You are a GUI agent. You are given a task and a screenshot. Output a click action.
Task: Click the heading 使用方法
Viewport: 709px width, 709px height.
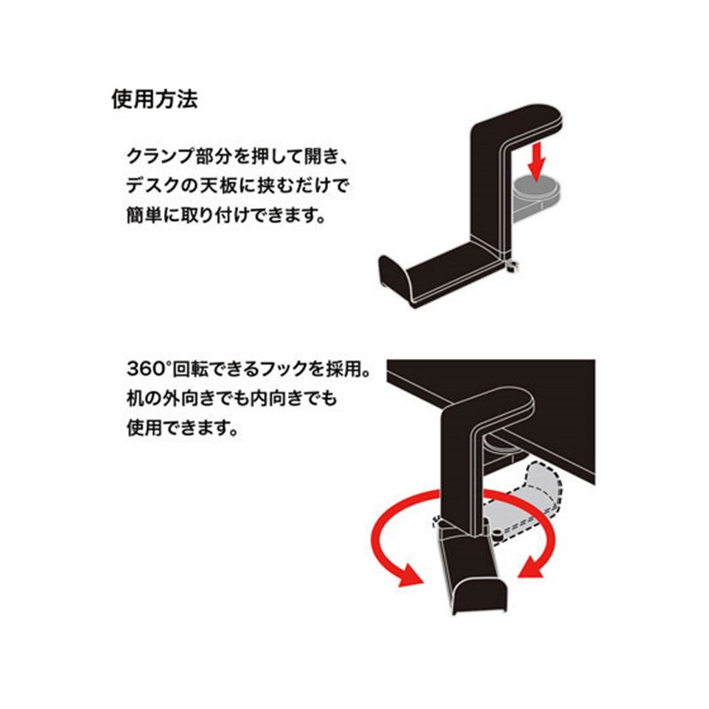click(x=154, y=99)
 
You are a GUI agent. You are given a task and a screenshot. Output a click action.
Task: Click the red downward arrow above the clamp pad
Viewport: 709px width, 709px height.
click(x=537, y=161)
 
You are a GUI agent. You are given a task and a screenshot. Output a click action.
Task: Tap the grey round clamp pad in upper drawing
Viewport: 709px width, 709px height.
click(x=536, y=187)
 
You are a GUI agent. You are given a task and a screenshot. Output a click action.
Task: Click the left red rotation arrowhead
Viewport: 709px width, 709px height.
click(x=410, y=576)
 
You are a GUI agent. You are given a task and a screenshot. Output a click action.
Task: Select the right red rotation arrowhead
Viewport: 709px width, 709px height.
click(x=530, y=570)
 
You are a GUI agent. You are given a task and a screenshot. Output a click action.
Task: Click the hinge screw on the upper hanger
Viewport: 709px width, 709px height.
click(x=512, y=267)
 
